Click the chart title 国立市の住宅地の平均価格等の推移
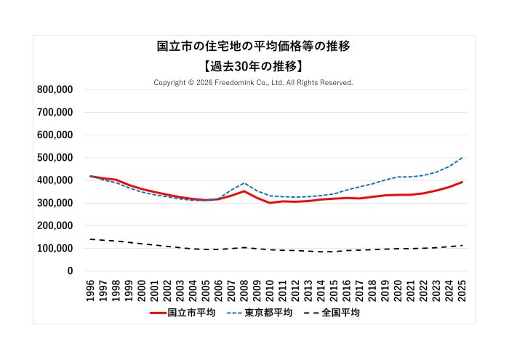(x=254, y=47)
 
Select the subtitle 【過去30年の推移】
(x=254, y=66)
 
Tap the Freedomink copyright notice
(x=254, y=83)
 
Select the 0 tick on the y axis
(x=70, y=271)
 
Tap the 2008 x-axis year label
(x=244, y=289)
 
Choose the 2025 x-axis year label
(x=462, y=289)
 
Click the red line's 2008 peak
(x=244, y=191)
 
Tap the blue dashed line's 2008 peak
(x=244, y=183)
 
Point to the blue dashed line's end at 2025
(x=462, y=157)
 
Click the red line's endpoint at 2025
(x=462, y=182)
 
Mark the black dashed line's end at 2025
(x=462, y=245)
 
